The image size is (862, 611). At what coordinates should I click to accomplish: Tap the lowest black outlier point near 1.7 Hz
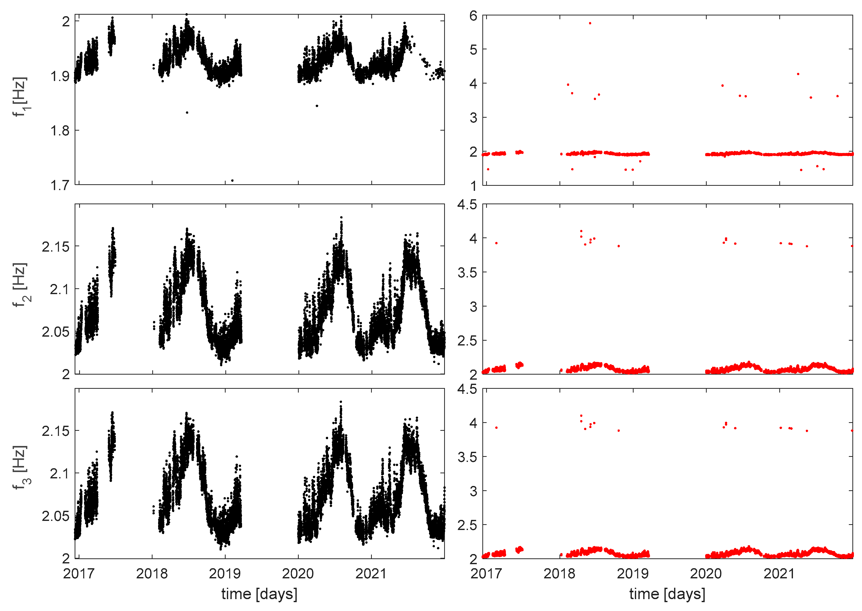point(232,180)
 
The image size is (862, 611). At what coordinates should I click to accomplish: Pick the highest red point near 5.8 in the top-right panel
point(590,23)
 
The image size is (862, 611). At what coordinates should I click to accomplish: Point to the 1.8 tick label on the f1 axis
point(60,131)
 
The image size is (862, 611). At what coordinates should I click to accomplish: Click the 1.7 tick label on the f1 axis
point(60,186)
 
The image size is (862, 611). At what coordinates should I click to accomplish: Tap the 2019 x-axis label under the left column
point(225,574)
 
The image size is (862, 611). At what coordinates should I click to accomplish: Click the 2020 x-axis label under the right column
point(706,574)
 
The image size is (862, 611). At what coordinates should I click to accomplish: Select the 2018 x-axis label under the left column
point(152,574)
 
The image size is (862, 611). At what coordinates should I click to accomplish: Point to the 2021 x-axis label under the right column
point(779,574)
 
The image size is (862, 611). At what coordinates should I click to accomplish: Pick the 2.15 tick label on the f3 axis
point(56,431)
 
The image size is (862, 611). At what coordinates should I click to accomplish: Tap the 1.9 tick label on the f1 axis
point(60,76)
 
